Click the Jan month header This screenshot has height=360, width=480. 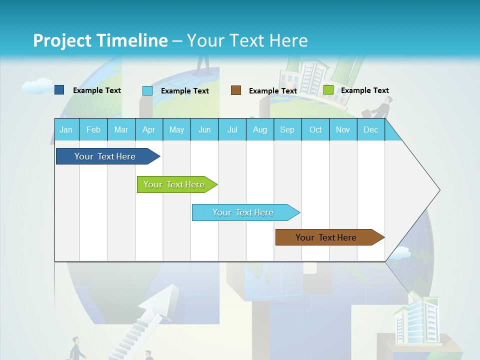66,129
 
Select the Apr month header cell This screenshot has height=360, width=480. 149,129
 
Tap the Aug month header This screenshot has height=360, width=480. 260,129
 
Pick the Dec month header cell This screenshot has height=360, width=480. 370,129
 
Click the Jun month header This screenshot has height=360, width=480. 204,129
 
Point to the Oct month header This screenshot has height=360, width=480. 315,129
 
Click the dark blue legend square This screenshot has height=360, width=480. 59,90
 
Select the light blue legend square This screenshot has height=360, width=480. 147,90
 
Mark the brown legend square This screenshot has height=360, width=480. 236,90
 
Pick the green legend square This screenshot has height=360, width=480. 328,90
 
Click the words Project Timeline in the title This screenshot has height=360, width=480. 100,40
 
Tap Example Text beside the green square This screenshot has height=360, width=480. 364,90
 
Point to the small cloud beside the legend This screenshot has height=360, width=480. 36,86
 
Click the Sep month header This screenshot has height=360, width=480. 287,129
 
